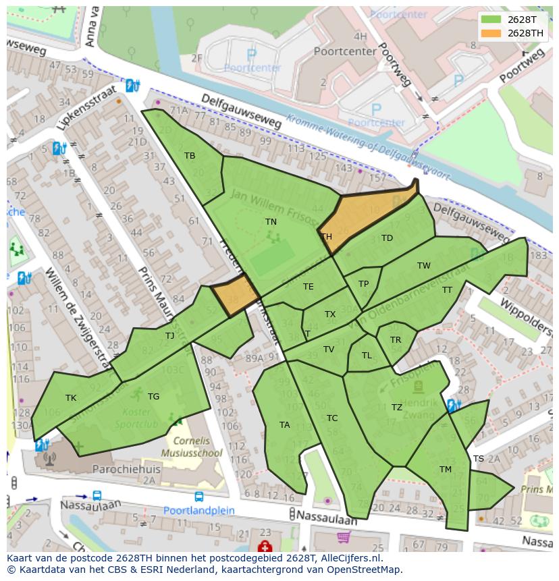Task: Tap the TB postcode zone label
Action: coord(190,156)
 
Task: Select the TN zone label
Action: coord(271,221)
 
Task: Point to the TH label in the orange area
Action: coord(326,237)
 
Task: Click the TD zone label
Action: coord(387,238)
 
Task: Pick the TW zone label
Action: coord(423,266)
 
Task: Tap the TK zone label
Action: coord(71,398)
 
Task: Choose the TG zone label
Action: coord(153,397)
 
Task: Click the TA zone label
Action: coord(284,425)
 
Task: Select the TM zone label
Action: coord(445,470)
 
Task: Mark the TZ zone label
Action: coord(397,408)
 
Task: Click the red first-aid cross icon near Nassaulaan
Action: coord(264,546)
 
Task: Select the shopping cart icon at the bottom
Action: coord(344,538)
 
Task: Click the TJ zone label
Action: coord(169,335)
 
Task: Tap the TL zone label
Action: coord(367,356)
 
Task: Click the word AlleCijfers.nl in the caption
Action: coord(349,559)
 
